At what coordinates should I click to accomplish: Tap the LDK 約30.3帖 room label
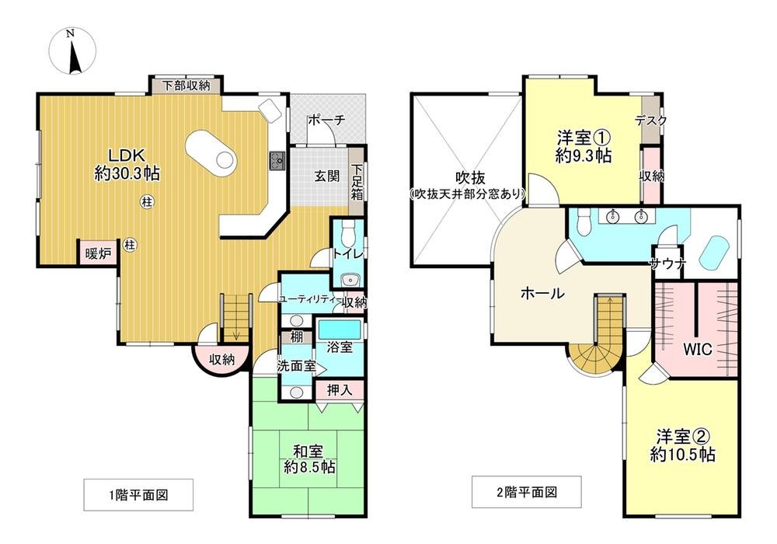pos(127,164)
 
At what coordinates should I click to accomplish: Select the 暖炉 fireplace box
pos(97,253)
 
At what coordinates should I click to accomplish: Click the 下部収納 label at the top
pos(186,85)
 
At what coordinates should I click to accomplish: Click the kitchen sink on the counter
pos(277,161)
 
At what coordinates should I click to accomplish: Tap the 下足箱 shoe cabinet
pos(357,183)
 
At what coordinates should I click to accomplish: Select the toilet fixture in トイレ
pos(347,229)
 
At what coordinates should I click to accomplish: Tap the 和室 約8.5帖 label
pos(308,459)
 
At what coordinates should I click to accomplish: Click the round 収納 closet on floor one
pos(222,359)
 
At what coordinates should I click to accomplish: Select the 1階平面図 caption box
pos(138,493)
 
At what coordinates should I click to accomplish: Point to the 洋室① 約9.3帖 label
pos(583,146)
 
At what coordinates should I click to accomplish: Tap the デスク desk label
pos(650,120)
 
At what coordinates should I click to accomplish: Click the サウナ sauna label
pos(670,263)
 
